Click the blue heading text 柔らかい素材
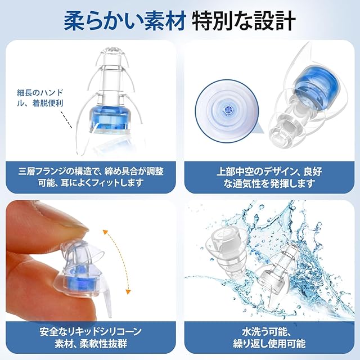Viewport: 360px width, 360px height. pyautogui.click(x=124, y=21)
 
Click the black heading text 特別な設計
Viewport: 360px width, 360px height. pyautogui.click(x=244, y=21)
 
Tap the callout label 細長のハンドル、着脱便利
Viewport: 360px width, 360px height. pyautogui.click(x=40, y=98)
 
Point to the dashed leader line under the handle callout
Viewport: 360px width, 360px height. pyautogui.click(x=66, y=120)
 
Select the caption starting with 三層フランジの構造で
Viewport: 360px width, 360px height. pyautogui.click(x=91, y=177)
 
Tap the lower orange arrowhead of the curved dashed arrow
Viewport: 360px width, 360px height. pyautogui.click(x=128, y=292)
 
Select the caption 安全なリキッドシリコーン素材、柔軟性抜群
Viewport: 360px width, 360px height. pyautogui.click(x=91, y=337)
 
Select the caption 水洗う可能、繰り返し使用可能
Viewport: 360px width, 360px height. pyautogui.click(x=269, y=337)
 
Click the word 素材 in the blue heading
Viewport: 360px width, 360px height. pyautogui.click(x=165, y=21)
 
